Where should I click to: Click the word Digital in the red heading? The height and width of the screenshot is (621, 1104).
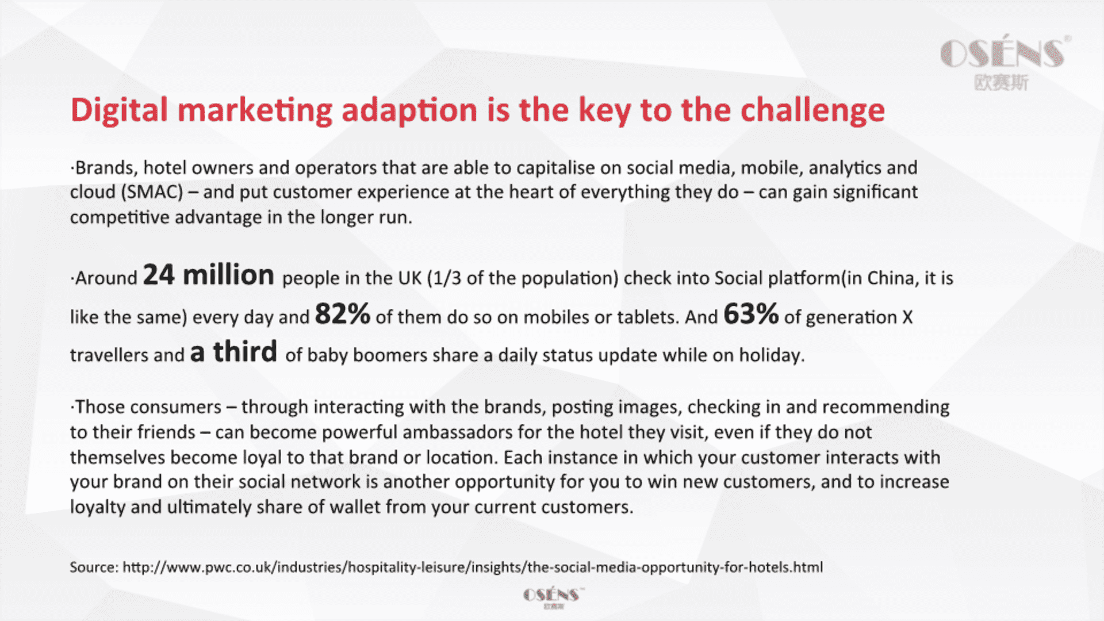119,110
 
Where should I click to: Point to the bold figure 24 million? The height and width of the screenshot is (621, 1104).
208,275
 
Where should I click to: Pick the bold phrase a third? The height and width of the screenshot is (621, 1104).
233,351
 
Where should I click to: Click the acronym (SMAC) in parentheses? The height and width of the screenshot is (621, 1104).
152,191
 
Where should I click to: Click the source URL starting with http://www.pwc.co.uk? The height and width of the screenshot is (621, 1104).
473,568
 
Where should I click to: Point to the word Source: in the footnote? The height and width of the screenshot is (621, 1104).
94,568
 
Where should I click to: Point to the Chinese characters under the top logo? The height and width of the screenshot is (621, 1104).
1001,83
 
